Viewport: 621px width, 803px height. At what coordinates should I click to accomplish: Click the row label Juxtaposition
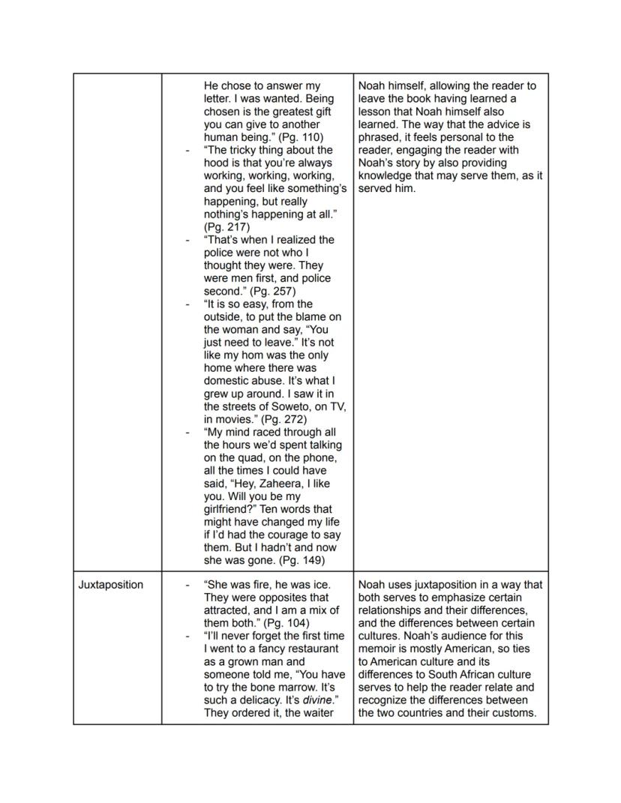tap(110, 585)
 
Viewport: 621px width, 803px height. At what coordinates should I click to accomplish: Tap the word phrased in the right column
tap(379, 137)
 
